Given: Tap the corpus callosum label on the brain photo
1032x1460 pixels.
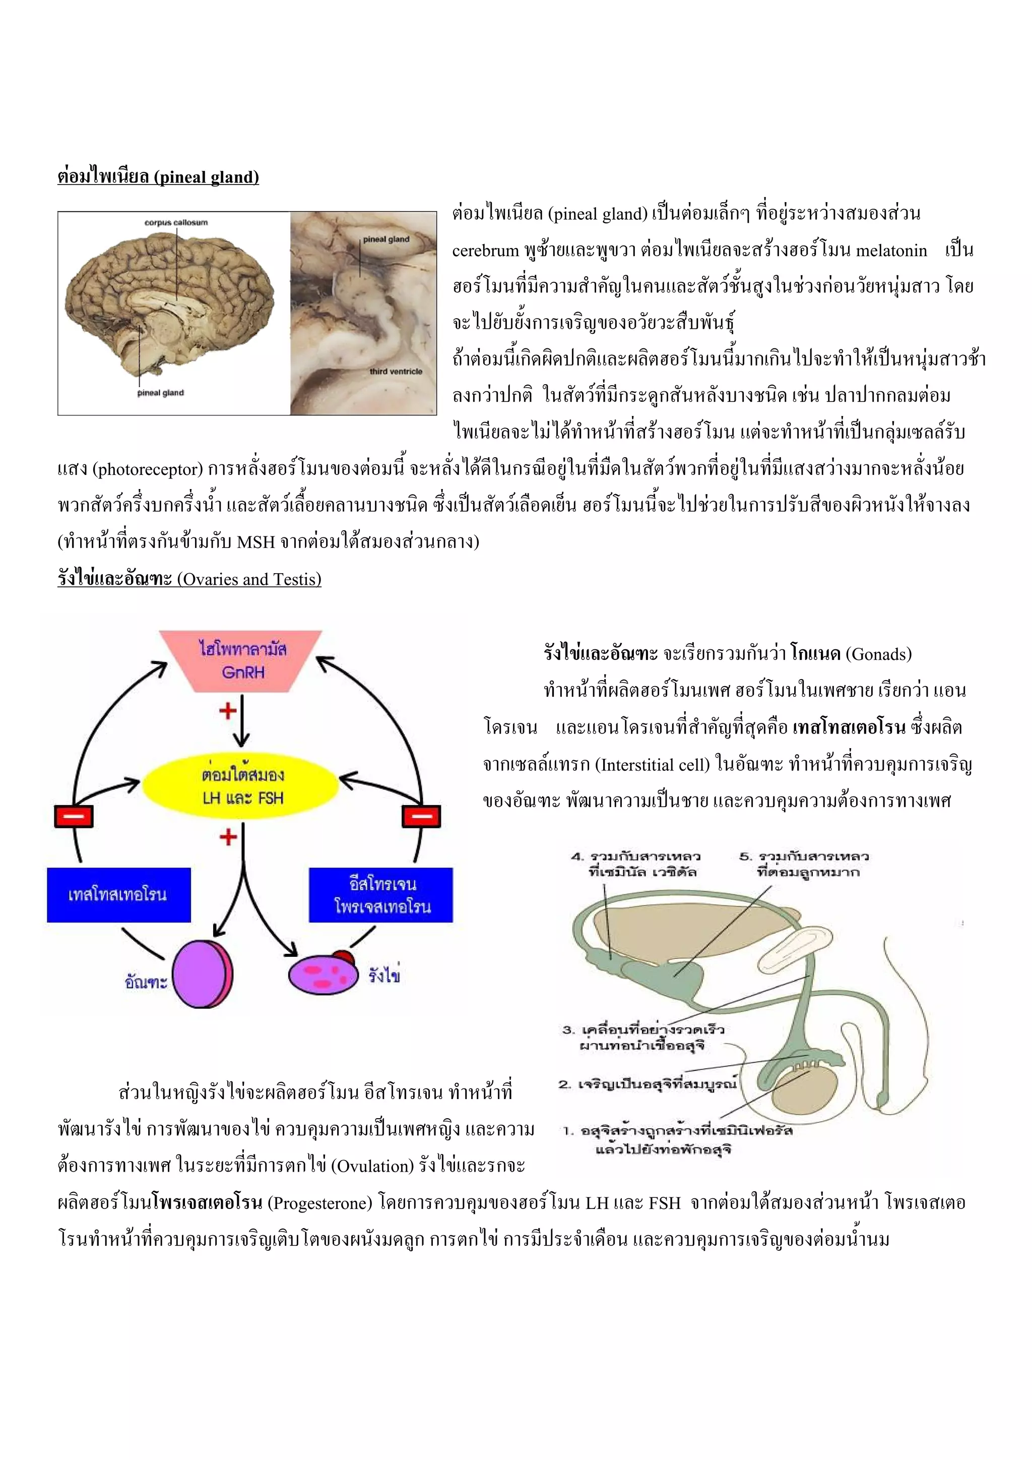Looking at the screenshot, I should [176, 222].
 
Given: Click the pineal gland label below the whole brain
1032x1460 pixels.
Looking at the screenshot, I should [160, 393].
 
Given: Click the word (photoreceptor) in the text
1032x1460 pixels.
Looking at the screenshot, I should [148, 469].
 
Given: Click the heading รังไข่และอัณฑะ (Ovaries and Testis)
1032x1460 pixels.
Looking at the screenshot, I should [189, 579].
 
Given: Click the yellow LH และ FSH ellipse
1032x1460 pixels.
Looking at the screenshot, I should [241, 786].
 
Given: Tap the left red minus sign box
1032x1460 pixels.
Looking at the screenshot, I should [74, 816].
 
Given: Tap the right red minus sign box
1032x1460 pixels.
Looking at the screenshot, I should [421, 816].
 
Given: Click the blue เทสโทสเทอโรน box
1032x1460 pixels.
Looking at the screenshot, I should [118, 895].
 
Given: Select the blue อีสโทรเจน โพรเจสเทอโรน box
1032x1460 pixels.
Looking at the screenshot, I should [380, 895].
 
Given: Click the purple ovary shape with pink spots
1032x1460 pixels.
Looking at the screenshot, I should [323, 975].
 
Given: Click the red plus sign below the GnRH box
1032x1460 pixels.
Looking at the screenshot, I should [227, 710].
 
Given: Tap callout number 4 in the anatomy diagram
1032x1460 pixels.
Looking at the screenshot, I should [576, 856].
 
